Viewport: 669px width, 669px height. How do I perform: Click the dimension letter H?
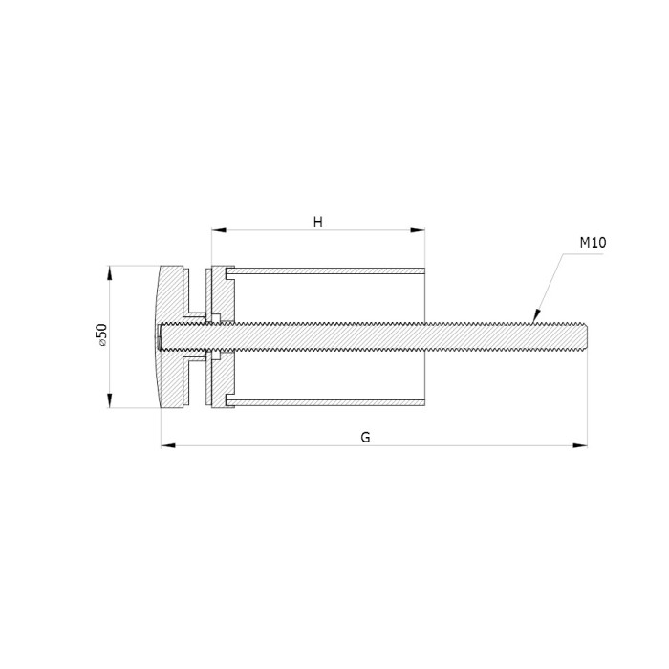(x=318, y=223)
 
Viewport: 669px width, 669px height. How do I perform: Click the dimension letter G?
(x=365, y=438)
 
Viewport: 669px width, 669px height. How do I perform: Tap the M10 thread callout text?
(x=593, y=243)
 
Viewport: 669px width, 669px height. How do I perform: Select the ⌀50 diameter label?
(x=101, y=334)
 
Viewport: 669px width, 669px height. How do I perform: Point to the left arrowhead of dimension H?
(x=219, y=230)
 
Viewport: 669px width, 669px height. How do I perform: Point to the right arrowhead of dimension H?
(x=418, y=230)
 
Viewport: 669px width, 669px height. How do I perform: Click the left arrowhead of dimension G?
(x=168, y=446)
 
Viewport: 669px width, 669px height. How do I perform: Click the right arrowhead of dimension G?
(x=580, y=446)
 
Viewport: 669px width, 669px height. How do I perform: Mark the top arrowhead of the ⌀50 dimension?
(x=110, y=273)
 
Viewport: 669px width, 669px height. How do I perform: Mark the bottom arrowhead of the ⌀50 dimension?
(x=110, y=400)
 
